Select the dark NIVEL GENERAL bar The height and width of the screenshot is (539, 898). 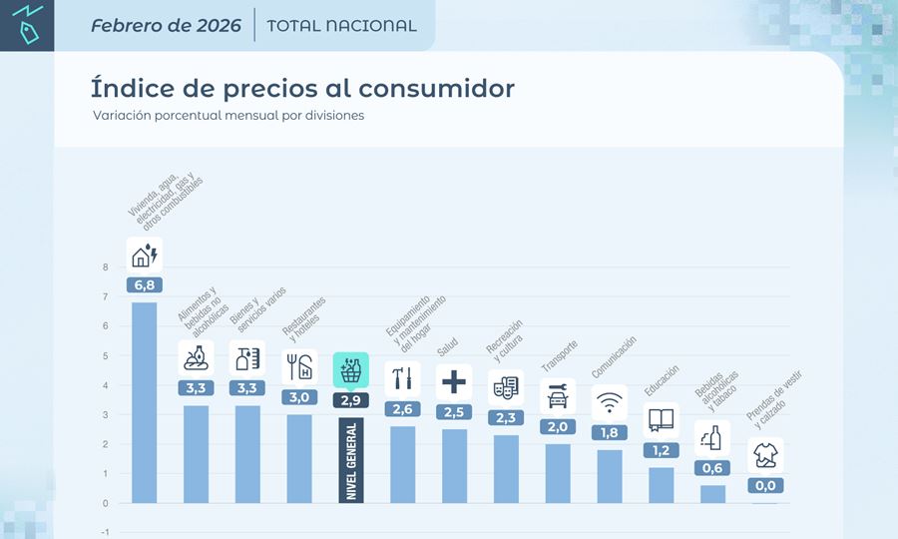(x=351, y=460)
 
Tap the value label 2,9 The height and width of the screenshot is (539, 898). (x=351, y=399)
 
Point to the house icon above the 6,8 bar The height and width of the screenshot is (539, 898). (x=145, y=256)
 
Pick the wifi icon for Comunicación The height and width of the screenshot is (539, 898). (x=610, y=403)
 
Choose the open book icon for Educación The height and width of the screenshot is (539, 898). (x=662, y=420)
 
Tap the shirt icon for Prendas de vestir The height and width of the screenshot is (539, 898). (x=765, y=456)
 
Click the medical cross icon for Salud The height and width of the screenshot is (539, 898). (x=454, y=380)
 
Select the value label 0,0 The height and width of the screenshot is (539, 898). (x=765, y=486)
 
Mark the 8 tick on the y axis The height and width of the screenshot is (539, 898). (x=105, y=268)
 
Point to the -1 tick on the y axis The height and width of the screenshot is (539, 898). (x=105, y=532)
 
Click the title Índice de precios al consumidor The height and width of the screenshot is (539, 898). (x=302, y=88)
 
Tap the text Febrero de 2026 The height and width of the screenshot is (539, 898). (x=166, y=26)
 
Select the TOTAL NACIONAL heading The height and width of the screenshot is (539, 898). (x=342, y=26)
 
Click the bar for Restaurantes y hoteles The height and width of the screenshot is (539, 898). (x=299, y=458)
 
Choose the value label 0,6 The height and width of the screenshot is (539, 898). (x=713, y=468)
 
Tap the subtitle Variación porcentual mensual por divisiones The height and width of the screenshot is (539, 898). (x=228, y=116)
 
